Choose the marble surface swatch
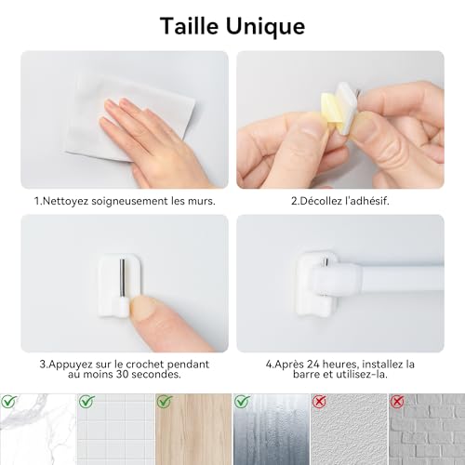coord(37,430)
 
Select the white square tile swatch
coord(114,430)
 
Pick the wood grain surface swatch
coord(193,430)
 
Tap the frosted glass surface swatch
coord(270,430)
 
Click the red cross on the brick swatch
coord(397,402)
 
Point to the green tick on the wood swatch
coord(164,402)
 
